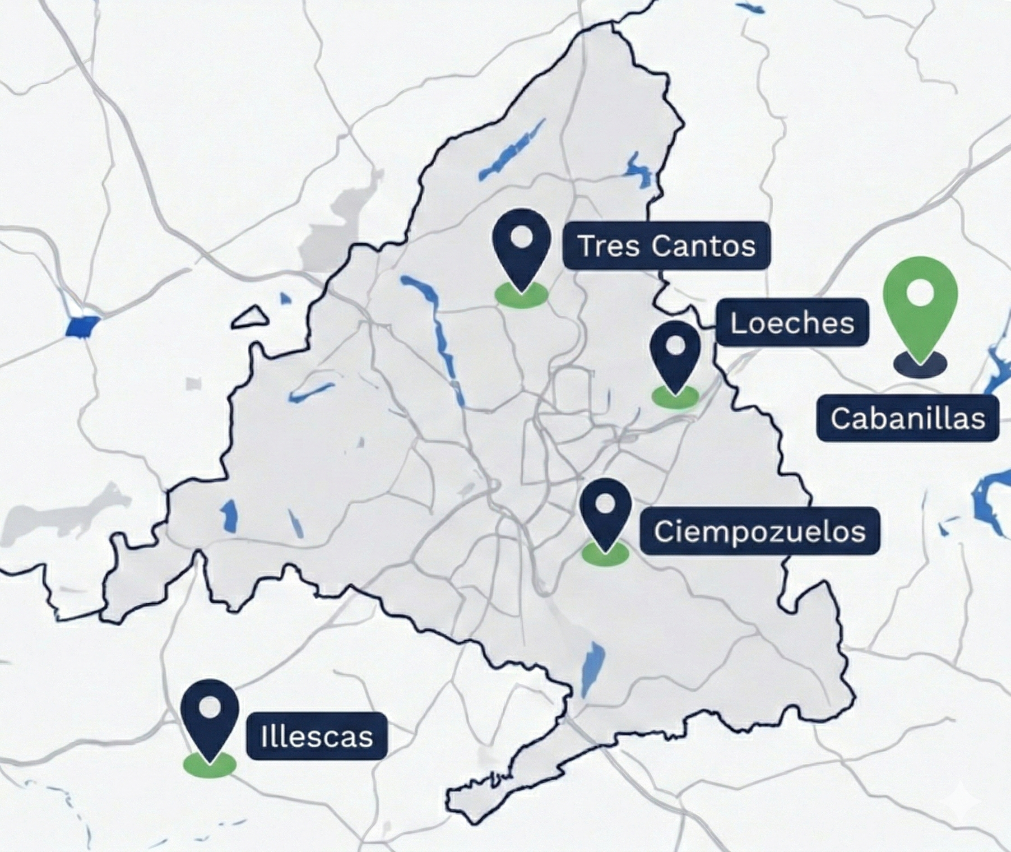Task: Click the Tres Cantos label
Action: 667,245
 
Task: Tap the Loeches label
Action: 792,323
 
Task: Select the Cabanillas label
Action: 908,418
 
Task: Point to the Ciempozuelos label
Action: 759,531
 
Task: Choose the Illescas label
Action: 317,736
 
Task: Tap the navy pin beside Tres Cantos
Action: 522,246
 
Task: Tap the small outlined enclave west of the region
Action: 250,318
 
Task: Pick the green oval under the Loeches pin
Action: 675,397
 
